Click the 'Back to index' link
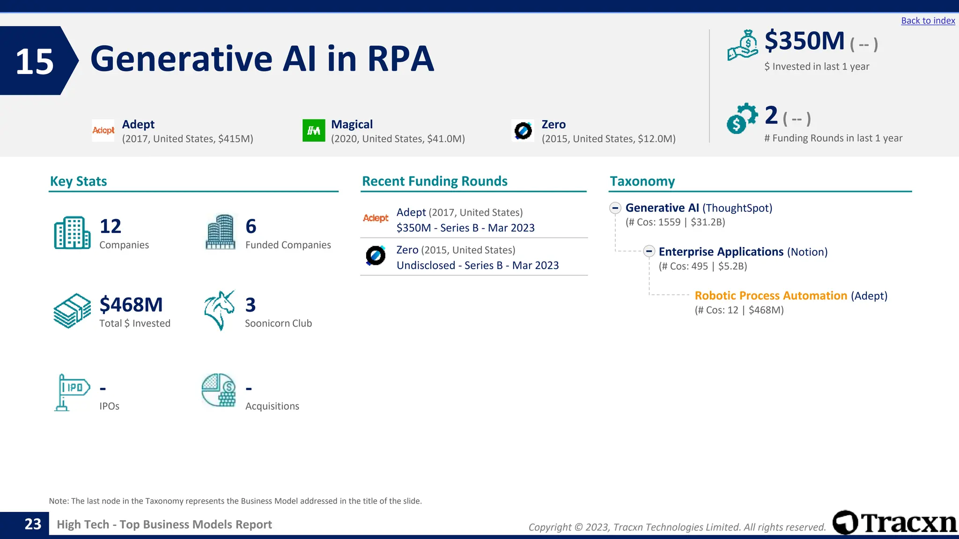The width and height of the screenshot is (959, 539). (928, 21)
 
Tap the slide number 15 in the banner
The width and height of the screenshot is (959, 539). (35, 61)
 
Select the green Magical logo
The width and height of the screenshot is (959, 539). (313, 131)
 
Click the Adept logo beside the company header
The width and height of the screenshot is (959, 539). (103, 131)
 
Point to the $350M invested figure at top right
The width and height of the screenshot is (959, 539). (804, 41)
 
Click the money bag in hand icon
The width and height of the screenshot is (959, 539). (743, 45)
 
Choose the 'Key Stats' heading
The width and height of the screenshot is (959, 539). (78, 181)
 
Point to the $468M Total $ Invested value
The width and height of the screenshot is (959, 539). (131, 305)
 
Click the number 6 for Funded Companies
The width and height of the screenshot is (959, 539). (251, 226)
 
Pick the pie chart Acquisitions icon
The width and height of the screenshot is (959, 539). (219, 390)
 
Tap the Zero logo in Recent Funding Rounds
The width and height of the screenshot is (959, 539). (376, 255)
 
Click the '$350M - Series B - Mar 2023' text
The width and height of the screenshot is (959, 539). (465, 228)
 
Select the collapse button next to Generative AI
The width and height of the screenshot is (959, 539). (615, 208)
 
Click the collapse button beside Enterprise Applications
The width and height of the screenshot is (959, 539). (649, 251)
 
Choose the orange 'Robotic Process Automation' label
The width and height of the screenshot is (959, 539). (770, 296)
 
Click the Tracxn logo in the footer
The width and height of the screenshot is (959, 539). (894, 523)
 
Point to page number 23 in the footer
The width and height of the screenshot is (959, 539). (33, 524)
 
